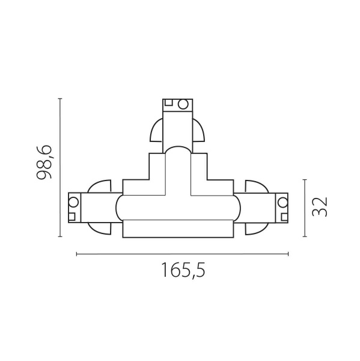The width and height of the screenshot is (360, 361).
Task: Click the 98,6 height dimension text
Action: pyautogui.click(x=46, y=162)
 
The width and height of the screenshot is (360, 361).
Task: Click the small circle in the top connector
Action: pyautogui.click(x=182, y=104)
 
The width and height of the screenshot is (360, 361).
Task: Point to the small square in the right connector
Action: pyautogui.click(x=282, y=199)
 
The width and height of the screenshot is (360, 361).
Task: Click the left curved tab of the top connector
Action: pyautogui.click(x=157, y=131)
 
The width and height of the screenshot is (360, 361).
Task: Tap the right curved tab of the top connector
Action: pyautogui.click(x=199, y=131)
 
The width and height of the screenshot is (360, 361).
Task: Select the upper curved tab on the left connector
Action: pyautogui.click(x=100, y=187)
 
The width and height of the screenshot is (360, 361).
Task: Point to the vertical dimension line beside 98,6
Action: pyautogui.click(x=61, y=168)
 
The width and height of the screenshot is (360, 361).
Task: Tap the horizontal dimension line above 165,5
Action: pyautogui.click(x=182, y=255)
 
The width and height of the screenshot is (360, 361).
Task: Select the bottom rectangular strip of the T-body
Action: pyautogui.click(x=178, y=229)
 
